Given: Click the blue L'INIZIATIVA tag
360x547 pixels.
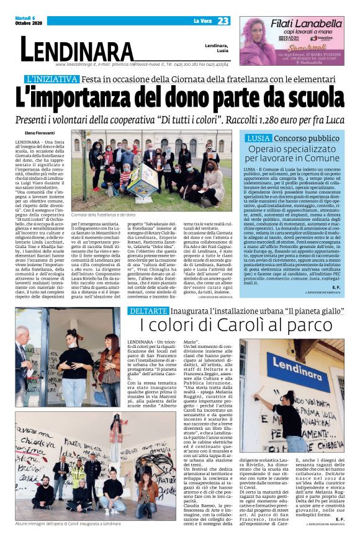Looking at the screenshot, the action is [53, 79].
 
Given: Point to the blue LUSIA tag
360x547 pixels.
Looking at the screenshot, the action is [258, 138].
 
